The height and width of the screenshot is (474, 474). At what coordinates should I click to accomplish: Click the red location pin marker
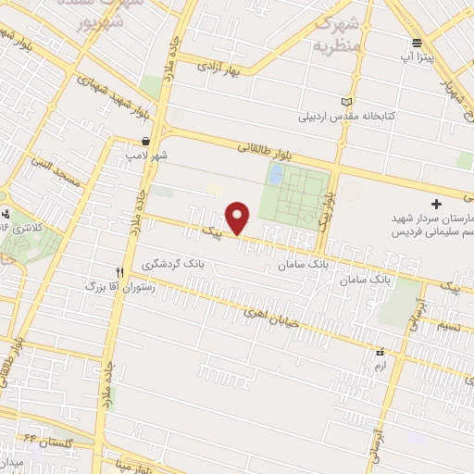pos(239,218)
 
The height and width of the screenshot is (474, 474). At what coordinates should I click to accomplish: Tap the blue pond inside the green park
pos(275,173)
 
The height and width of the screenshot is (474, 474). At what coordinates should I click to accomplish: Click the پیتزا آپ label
pos(418,57)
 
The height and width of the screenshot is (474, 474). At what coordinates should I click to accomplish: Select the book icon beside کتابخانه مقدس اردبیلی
pos(347,102)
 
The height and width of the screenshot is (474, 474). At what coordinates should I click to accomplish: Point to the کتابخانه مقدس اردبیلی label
pos(339,118)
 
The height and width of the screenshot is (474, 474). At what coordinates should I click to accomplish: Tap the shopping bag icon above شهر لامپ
pos(146,142)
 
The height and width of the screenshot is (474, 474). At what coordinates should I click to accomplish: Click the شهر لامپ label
pos(148,157)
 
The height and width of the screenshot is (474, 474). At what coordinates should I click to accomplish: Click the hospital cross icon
pos(437,203)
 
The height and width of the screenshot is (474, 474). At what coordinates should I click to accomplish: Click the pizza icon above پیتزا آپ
pos(418,43)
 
